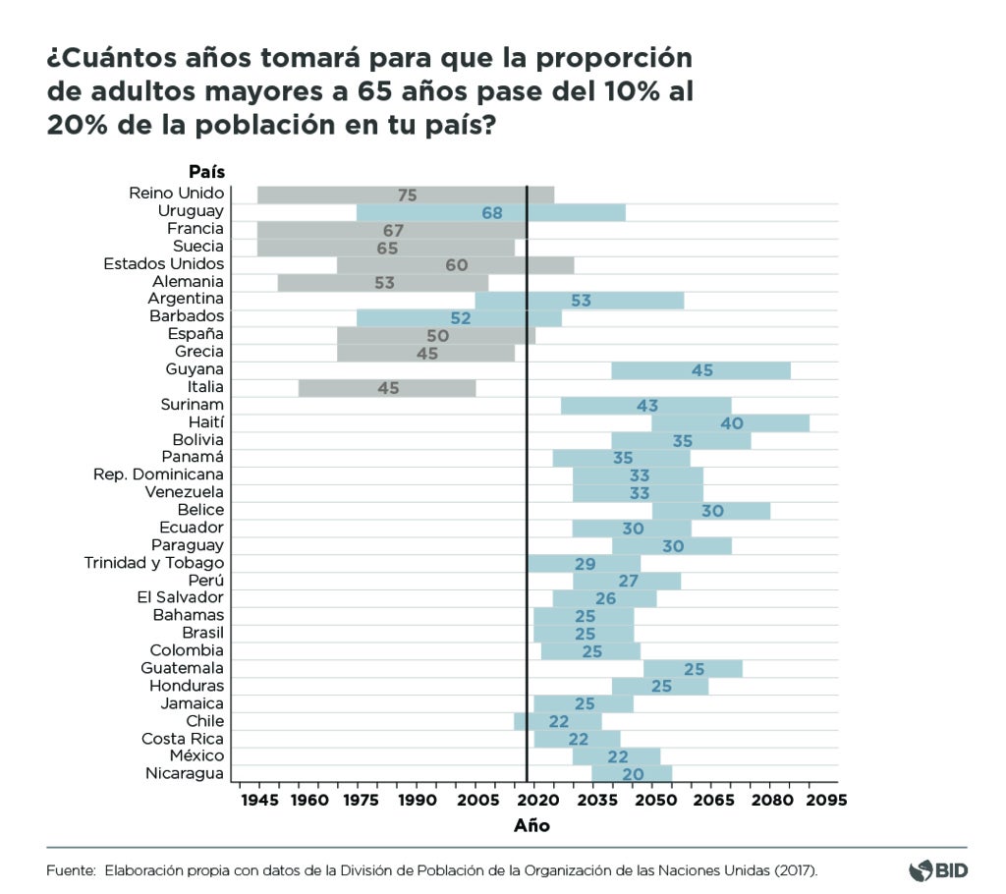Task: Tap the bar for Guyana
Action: pos(700,370)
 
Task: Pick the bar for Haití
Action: pos(730,423)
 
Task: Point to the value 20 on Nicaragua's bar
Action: pos(633,775)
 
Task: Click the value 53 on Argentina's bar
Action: pos(581,300)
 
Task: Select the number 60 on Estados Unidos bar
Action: pos(456,265)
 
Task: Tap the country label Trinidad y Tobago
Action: pos(154,563)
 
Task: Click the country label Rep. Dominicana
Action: pos(158,475)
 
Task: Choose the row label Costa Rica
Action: pos(183,739)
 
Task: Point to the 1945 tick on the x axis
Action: pos(258,800)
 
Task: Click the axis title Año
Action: pos(531,826)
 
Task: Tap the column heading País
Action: pos(206,173)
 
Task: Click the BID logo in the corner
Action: pos(938,870)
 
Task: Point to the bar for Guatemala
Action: pos(693,669)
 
